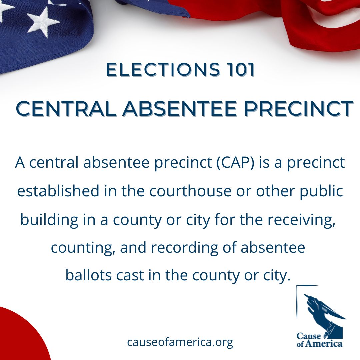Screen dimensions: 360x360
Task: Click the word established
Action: pyautogui.click(x=58, y=191)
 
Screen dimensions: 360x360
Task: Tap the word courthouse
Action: pyautogui.click(x=190, y=191)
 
